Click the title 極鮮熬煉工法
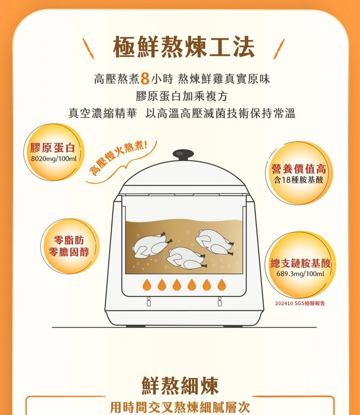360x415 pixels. click(x=184, y=47)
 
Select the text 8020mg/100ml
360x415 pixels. click(x=53, y=159)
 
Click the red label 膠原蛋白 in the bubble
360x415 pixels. click(x=53, y=148)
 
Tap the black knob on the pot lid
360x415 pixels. click(x=183, y=154)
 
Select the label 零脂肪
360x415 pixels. click(x=69, y=240)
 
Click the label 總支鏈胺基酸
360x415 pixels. click(x=300, y=264)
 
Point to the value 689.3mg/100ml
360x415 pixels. click(x=300, y=274)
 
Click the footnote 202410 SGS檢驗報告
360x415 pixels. click(x=300, y=304)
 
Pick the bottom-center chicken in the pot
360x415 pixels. click(x=186, y=259)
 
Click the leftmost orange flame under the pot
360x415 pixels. click(x=147, y=284)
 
